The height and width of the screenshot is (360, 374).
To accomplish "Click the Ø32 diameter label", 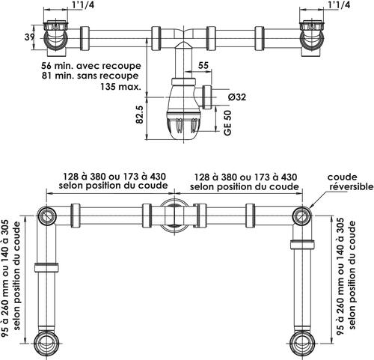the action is click(x=237, y=97).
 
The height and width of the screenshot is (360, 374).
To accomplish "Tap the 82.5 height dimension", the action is click(x=140, y=115).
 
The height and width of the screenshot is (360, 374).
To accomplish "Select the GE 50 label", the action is click(x=227, y=123).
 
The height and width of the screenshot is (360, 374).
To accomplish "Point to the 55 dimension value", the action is click(x=203, y=65).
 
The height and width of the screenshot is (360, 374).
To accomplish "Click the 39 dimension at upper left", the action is click(x=29, y=37).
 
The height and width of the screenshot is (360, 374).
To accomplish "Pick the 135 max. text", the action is click(x=120, y=87).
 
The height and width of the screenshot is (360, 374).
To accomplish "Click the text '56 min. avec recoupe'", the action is click(x=91, y=66).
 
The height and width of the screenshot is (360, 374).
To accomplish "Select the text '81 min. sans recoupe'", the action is click(x=90, y=76).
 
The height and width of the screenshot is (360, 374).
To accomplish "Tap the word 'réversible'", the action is click(x=352, y=186).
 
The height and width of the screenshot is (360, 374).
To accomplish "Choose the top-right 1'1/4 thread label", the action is click(x=339, y=5).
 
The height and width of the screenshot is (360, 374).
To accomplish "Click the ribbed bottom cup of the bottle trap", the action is click(x=184, y=126).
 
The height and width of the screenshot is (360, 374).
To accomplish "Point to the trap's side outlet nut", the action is click(x=207, y=97).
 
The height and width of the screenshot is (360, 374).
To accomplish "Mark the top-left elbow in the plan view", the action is click(x=47, y=216).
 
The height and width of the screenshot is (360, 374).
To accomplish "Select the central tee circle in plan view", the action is click(x=174, y=216).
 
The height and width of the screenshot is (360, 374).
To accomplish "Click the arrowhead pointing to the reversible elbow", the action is click(x=310, y=207).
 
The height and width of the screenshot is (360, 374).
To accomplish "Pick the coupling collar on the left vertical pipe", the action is click(x=46, y=267).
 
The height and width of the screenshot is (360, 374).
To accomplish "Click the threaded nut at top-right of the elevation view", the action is click(x=312, y=25).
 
